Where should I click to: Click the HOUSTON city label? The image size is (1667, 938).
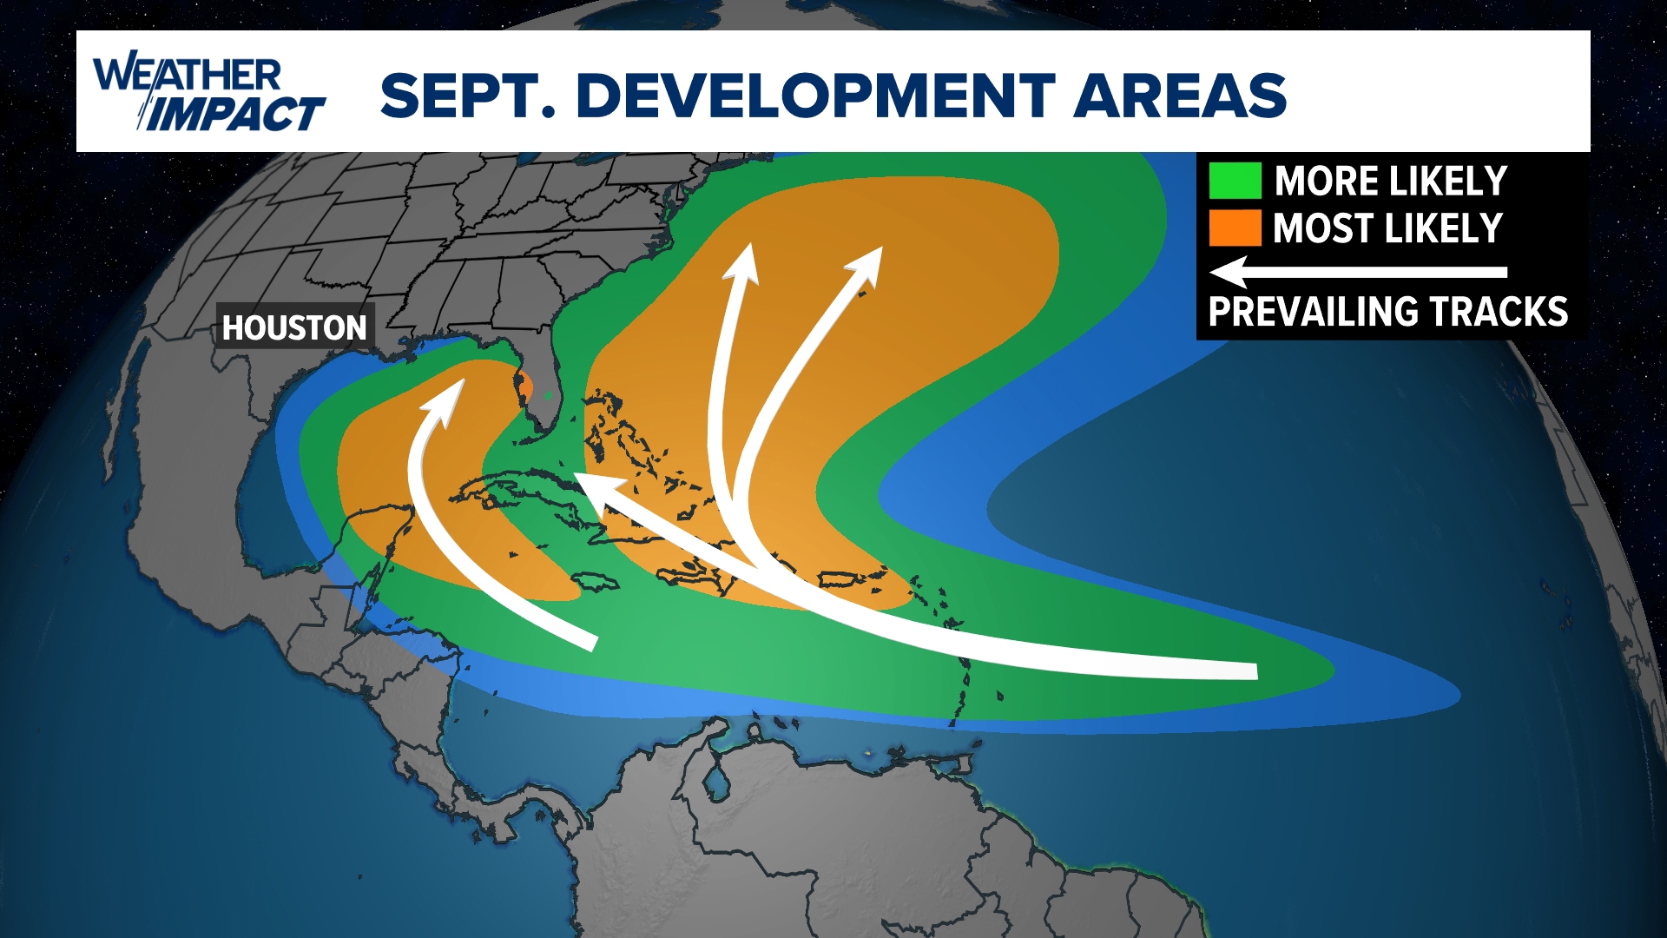click(294, 327)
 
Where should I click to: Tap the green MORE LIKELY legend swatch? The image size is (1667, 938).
click(1235, 181)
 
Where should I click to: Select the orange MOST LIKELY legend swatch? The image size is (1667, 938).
click(1235, 228)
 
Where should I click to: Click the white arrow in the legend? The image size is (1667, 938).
click(1358, 272)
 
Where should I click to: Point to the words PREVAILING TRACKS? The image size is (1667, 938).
click(1387, 312)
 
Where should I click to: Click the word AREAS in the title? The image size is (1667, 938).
click(1180, 95)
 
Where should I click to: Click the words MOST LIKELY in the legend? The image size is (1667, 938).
click(1387, 228)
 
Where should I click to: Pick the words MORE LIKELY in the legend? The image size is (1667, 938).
click(1390, 182)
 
